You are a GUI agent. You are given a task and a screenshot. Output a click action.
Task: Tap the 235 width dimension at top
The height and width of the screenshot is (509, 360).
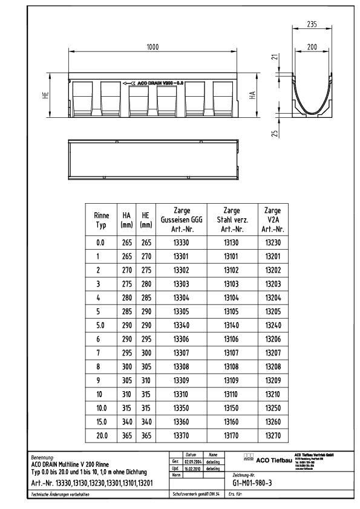click(x=311, y=25)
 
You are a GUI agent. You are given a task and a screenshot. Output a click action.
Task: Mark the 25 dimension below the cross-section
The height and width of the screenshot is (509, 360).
click(x=275, y=134)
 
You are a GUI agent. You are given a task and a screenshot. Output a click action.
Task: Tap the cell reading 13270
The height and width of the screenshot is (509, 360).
click(x=275, y=435)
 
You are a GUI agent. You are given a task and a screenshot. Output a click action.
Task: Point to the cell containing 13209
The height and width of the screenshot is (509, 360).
click(x=275, y=380)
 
